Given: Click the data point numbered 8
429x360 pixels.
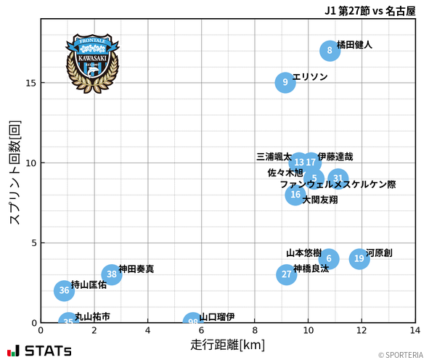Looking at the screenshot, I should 330,51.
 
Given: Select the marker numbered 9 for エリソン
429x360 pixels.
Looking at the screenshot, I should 286,83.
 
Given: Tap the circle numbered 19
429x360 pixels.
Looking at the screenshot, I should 359,258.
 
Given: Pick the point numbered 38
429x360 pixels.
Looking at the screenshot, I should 111,274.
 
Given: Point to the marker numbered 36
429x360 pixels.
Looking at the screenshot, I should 65,290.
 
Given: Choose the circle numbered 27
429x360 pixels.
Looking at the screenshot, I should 287,274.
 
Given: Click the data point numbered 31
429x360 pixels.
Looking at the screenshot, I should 338,179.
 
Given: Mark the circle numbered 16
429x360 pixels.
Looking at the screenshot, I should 295,195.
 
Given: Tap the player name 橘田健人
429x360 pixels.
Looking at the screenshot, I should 354,45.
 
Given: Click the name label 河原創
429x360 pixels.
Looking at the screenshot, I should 379,253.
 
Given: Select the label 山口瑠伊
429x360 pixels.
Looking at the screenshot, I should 217,317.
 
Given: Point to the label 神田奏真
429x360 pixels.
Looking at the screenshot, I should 136,269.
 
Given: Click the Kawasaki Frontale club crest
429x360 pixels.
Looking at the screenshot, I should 91,62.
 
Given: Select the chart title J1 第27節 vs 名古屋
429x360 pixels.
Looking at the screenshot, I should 370,11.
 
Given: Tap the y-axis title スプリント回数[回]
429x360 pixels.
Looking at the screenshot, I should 15,172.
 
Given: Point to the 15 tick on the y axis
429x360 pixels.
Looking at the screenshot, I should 30,83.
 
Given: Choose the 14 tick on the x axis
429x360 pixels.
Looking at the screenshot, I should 415,330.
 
